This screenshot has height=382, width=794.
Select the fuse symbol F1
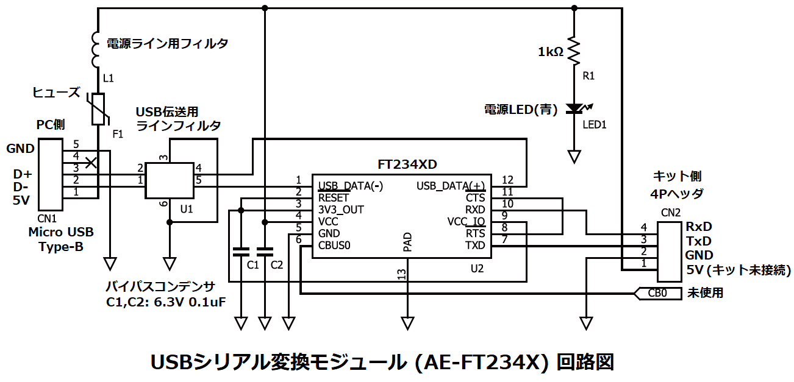click(x=98, y=110)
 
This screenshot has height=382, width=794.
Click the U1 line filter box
click(x=169, y=180)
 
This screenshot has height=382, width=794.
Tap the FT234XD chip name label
click(x=407, y=164)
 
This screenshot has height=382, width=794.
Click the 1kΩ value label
click(x=550, y=52)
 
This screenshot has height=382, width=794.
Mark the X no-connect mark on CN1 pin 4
click(x=91, y=161)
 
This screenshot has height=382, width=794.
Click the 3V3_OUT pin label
click(x=341, y=210)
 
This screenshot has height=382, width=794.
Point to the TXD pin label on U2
click(x=475, y=246)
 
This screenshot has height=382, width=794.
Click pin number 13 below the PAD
click(x=401, y=275)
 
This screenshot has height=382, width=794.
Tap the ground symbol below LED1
click(x=574, y=157)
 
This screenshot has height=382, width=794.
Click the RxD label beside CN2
click(x=699, y=227)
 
